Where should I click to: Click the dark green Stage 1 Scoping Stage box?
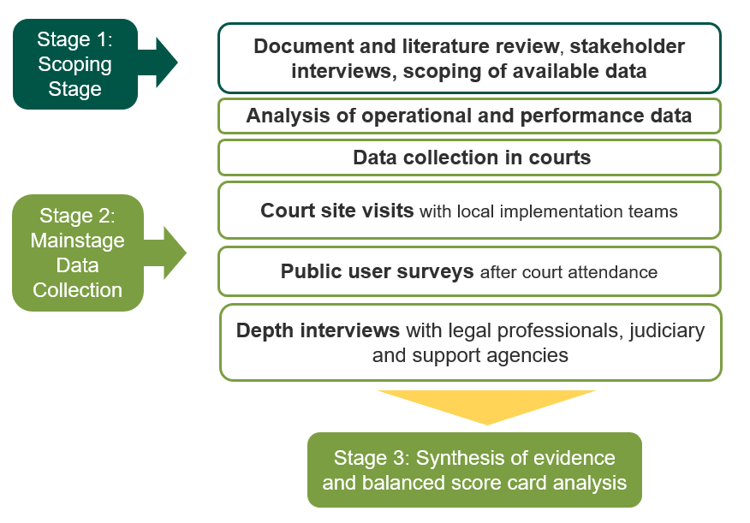pyautogui.click(x=74, y=64)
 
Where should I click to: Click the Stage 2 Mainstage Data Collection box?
pyautogui.click(x=77, y=253)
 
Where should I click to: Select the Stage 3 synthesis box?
pyautogui.click(x=474, y=470)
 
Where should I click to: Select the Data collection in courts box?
pyautogui.click(x=471, y=157)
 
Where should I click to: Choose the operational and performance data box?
pyautogui.click(x=469, y=116)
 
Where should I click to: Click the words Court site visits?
pyautogui.click(x=336, y=211)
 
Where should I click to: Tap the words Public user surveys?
pyautogui.click(x=377, y=272)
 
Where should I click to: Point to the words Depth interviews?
pyautogui.click(x=318, y=330)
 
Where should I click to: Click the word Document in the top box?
pyautogui.click(x=295, y=45)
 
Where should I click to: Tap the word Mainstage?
pyautogui.click(x=78, y=241)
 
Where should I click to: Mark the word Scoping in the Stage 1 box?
pyautogui.click(x=75, y=64)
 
